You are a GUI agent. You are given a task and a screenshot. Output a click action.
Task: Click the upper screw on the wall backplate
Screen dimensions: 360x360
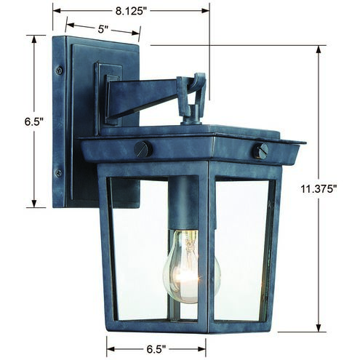[x=60, y=71]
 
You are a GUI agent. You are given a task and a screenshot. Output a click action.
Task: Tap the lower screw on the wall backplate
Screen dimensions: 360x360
[x=59, y=172]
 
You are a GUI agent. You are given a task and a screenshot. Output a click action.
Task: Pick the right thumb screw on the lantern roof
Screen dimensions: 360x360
[x=260, y=150]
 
